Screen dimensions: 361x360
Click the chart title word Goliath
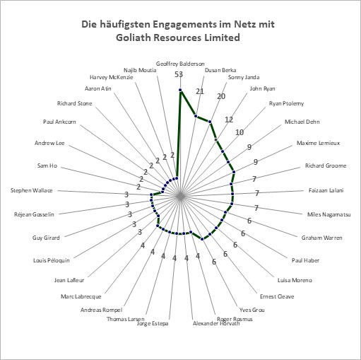pos(133,37)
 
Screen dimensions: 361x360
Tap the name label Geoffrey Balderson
pos(180,64)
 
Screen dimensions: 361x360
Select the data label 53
pos(179,74)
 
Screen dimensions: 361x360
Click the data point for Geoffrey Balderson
pos(180,90)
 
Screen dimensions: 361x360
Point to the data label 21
pos(200,91)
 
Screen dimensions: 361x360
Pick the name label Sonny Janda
pos(244,77)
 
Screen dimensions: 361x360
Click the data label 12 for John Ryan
pos(229,120)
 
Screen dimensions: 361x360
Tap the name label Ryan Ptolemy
pos(287,103)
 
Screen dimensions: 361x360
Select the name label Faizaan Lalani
pos(326,190)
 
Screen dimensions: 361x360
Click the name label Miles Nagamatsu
pos(329,214)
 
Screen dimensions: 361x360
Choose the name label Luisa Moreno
pos(295,280)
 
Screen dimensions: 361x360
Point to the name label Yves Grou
pos(252,310)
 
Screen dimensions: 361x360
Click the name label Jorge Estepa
pos(153,323)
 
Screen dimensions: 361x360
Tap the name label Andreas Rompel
pos(102,310)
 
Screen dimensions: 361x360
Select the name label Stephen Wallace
pos(32,190)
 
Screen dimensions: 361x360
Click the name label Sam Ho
pos(47,166)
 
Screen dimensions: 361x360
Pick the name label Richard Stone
pos(75,103)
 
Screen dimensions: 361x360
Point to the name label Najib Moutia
pos(140,70)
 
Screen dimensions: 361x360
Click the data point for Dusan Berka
pos(196,115)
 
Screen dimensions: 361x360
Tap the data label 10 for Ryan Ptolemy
pos(239,132)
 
